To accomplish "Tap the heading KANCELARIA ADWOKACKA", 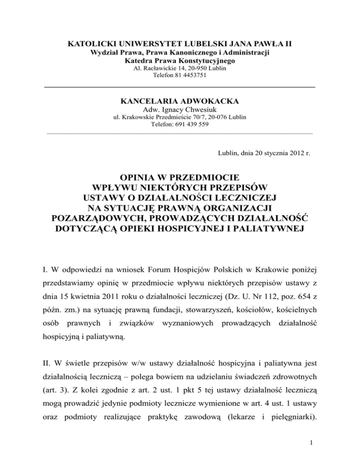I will tap(180, 101).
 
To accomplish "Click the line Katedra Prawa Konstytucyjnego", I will tap(180, 60).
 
